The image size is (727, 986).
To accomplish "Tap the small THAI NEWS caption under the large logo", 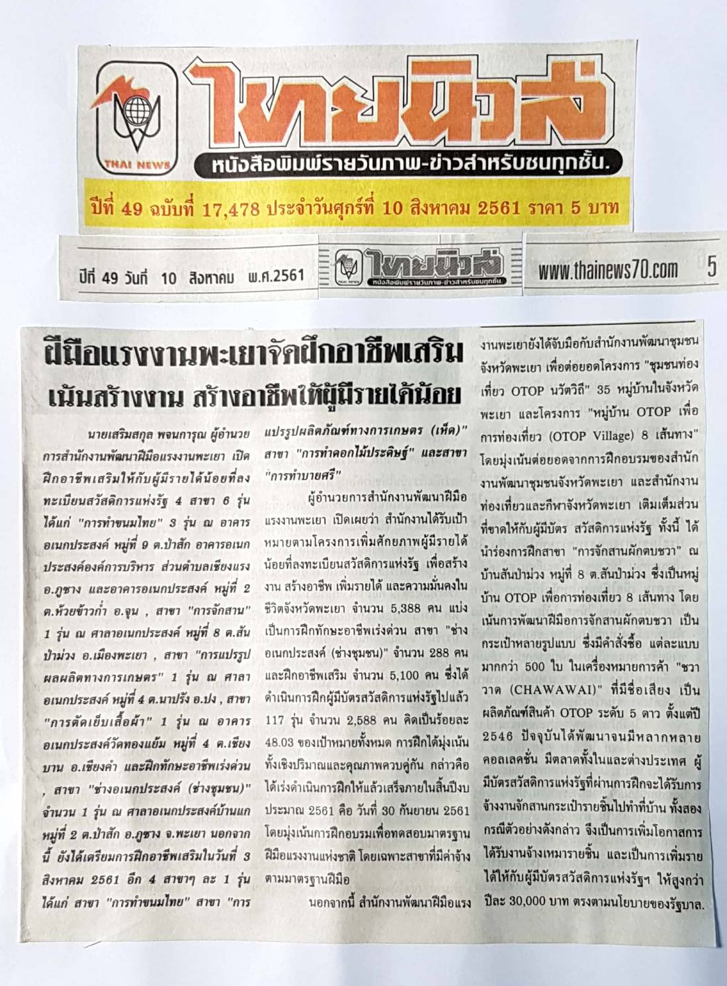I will [137, 165].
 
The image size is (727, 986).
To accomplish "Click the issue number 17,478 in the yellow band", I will [231, 209].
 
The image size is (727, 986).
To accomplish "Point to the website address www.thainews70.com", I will [607, 269].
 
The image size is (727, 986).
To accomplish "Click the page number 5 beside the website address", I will [711, 267].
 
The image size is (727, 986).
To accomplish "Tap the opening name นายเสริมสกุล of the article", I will [121, 434].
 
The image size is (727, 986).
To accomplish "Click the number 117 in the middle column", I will [274, 719].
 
